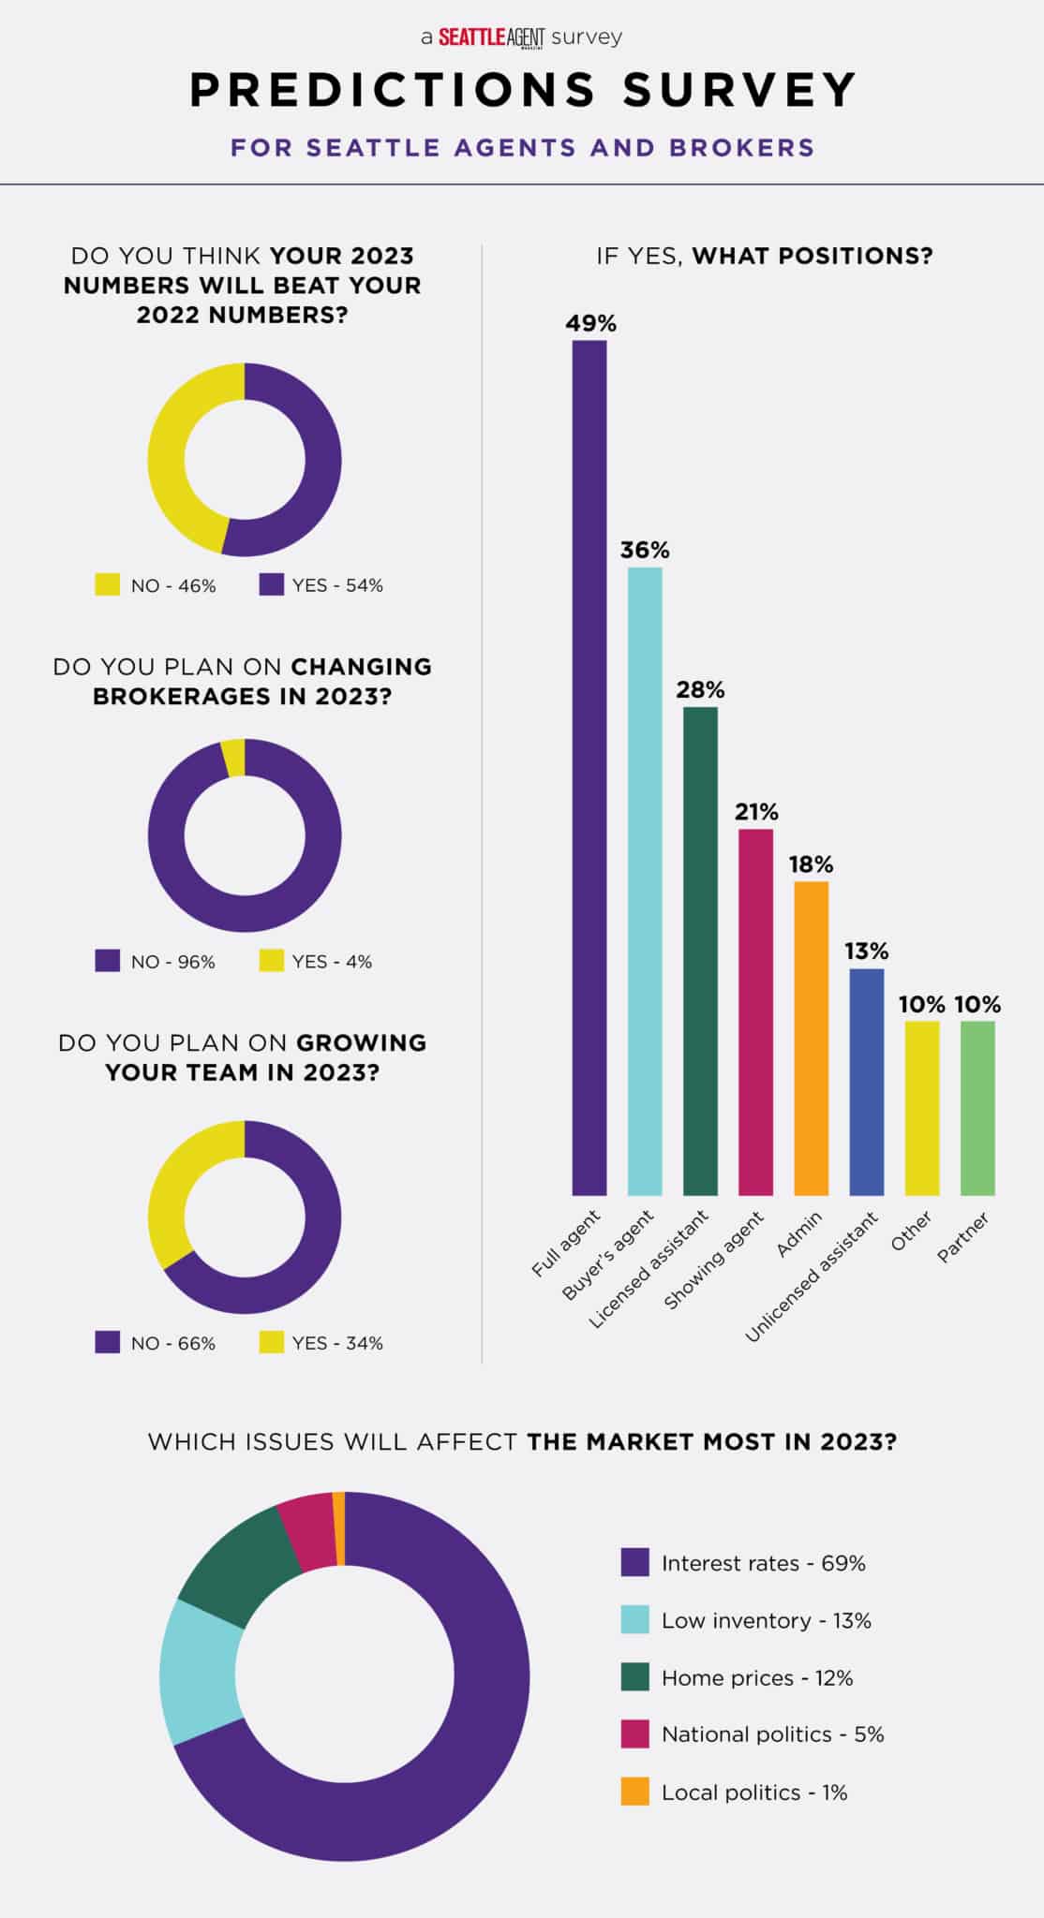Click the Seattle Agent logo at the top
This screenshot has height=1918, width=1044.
[492, 37]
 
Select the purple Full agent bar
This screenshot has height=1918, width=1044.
[589, 768]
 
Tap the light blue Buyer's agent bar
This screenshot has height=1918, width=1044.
[645, 880]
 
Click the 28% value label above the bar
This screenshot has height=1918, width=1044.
[700, 690]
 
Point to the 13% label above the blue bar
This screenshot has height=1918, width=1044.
[866, 952]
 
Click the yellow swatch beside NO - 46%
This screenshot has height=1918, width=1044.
[108, 585]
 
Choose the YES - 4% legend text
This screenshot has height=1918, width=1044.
[332, 962]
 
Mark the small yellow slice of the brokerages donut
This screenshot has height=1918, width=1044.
[234, 757]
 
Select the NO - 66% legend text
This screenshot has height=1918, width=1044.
[173, 1343]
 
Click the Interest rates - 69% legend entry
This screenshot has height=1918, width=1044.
[763, 1563]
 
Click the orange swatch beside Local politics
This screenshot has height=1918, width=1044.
[634, 1793]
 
